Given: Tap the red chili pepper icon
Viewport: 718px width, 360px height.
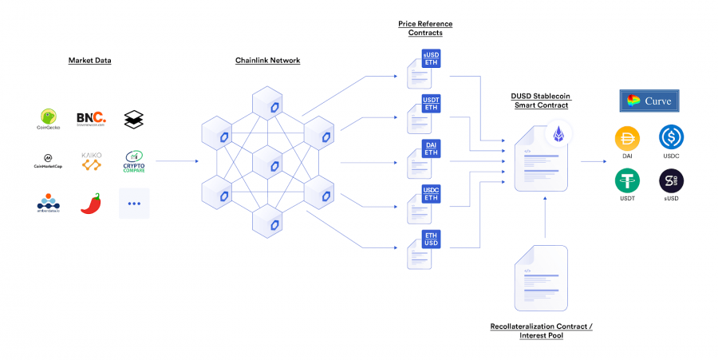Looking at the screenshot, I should click(90, 204).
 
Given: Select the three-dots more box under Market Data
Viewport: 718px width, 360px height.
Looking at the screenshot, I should click(134, 204).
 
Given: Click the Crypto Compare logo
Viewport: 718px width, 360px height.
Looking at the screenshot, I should click(134, 161).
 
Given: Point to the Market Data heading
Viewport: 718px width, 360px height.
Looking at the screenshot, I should click(89, 60).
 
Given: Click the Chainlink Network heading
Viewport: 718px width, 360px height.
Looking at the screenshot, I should click(267, 60).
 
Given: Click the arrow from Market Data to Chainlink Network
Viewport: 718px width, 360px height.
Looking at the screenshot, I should click(177, 162).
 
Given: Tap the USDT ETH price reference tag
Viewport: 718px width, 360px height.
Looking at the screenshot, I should click(431, 103).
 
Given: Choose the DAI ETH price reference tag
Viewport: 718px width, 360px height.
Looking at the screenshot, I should click(431, 148).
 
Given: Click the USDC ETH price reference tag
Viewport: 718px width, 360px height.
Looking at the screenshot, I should click(431, 194).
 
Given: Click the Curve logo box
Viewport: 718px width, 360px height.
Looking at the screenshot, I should click(649, 101).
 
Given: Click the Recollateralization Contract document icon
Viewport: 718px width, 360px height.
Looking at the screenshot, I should click(542, 279).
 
